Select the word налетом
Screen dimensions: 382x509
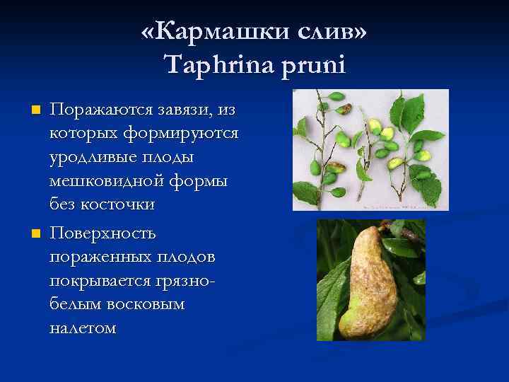point(82,328)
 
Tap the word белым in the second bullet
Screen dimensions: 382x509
point(74,304)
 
